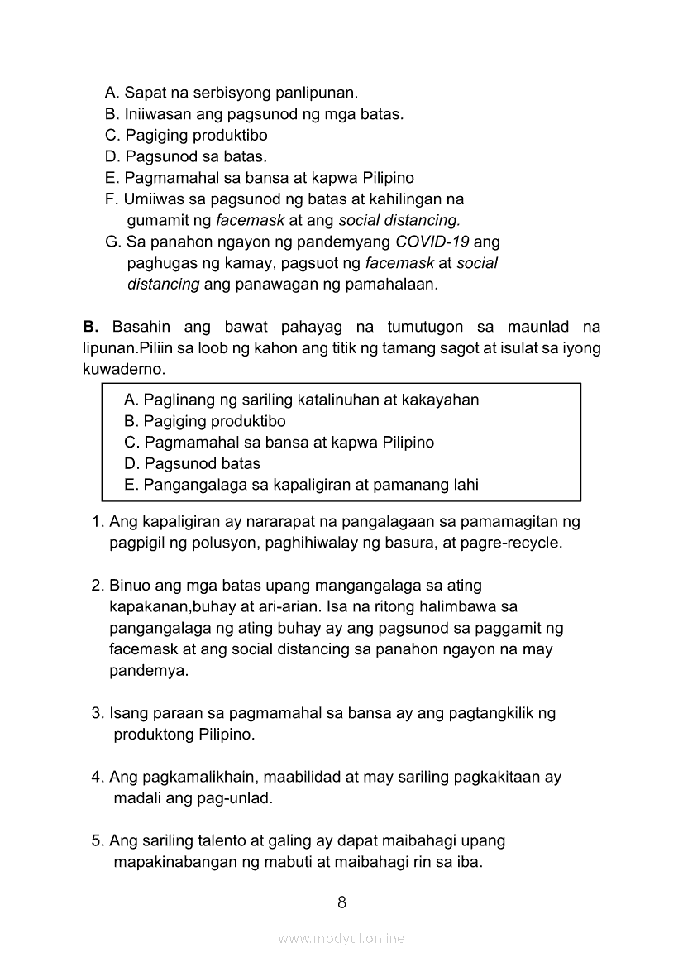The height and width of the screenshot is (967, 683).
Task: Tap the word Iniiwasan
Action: pyautogui.click(x=160, y=114)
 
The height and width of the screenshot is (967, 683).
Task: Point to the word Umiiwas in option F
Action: pyautogui.click(x=152, y=199)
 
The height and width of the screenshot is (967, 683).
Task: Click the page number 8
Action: pyautogui.click(x=341, y=902)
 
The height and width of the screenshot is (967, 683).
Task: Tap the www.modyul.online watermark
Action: pyautogui.click(x=341, y=938)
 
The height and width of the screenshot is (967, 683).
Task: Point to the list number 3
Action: pyautogui.click(x=96, y=712)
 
